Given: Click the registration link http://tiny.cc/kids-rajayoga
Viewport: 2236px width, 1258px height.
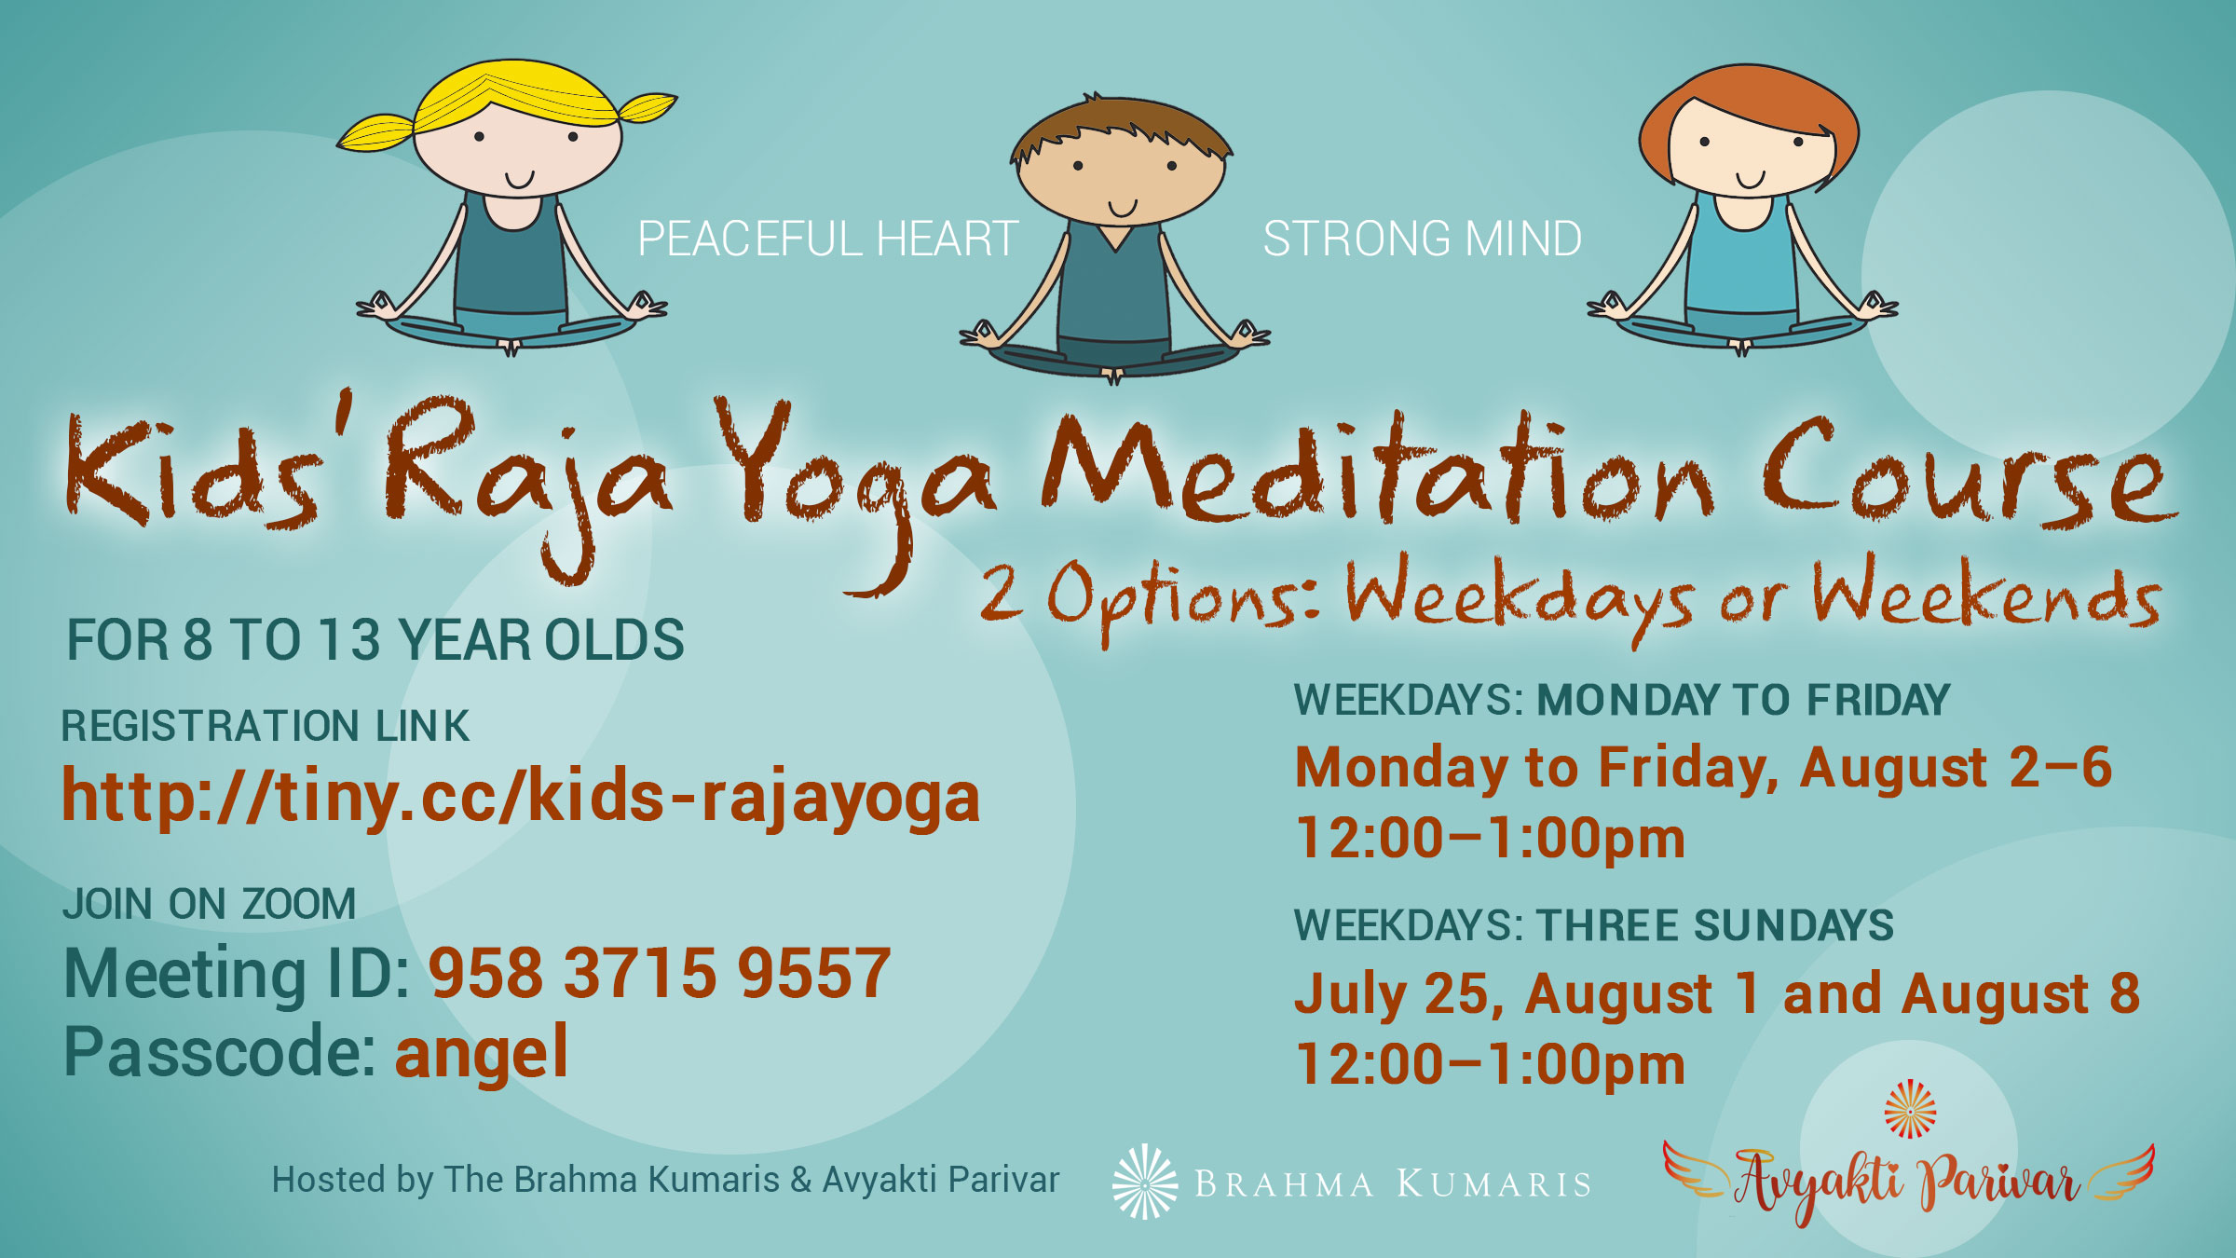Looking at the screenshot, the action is point(521,798).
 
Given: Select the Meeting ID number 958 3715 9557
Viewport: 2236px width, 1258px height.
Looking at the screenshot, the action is point(660,973).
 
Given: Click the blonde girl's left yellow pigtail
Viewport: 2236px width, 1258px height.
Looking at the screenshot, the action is point(375,132).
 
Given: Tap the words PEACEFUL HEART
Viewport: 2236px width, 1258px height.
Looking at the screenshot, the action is point(827,239).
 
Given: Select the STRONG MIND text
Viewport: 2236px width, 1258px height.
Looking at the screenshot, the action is point(1423,239).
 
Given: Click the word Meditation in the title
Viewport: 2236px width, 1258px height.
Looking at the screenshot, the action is point(1377,471).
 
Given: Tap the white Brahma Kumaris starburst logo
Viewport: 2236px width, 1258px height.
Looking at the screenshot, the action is point(1145,1182).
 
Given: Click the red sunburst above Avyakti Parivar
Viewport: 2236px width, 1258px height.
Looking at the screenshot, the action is point(1910,1109).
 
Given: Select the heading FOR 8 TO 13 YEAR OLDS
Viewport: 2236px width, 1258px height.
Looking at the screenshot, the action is point(375,640).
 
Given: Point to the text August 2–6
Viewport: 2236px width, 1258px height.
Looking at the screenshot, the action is point(1956,768).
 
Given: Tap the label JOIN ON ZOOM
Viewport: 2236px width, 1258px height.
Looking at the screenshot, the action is point(210,904).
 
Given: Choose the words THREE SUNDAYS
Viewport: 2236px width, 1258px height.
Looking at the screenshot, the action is point(1715,925).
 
